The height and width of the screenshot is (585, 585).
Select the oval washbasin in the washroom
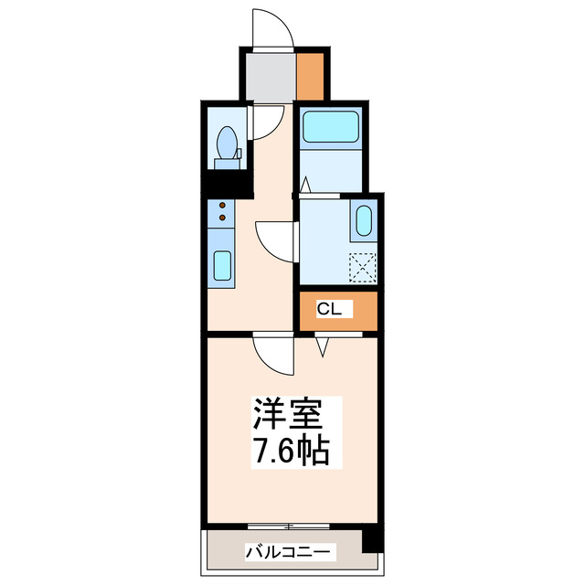tap(362, 221)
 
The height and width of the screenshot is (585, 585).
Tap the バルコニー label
tap(291, 552)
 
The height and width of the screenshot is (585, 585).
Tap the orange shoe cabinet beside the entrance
tap(309, 77)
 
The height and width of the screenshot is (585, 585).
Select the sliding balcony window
tap(289, 525)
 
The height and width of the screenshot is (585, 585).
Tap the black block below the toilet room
tap(226, 184)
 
